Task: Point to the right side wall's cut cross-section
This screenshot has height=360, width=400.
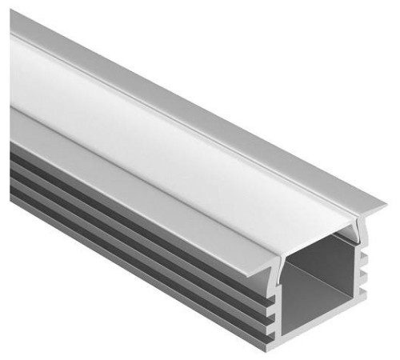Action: tap(355, 272)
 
